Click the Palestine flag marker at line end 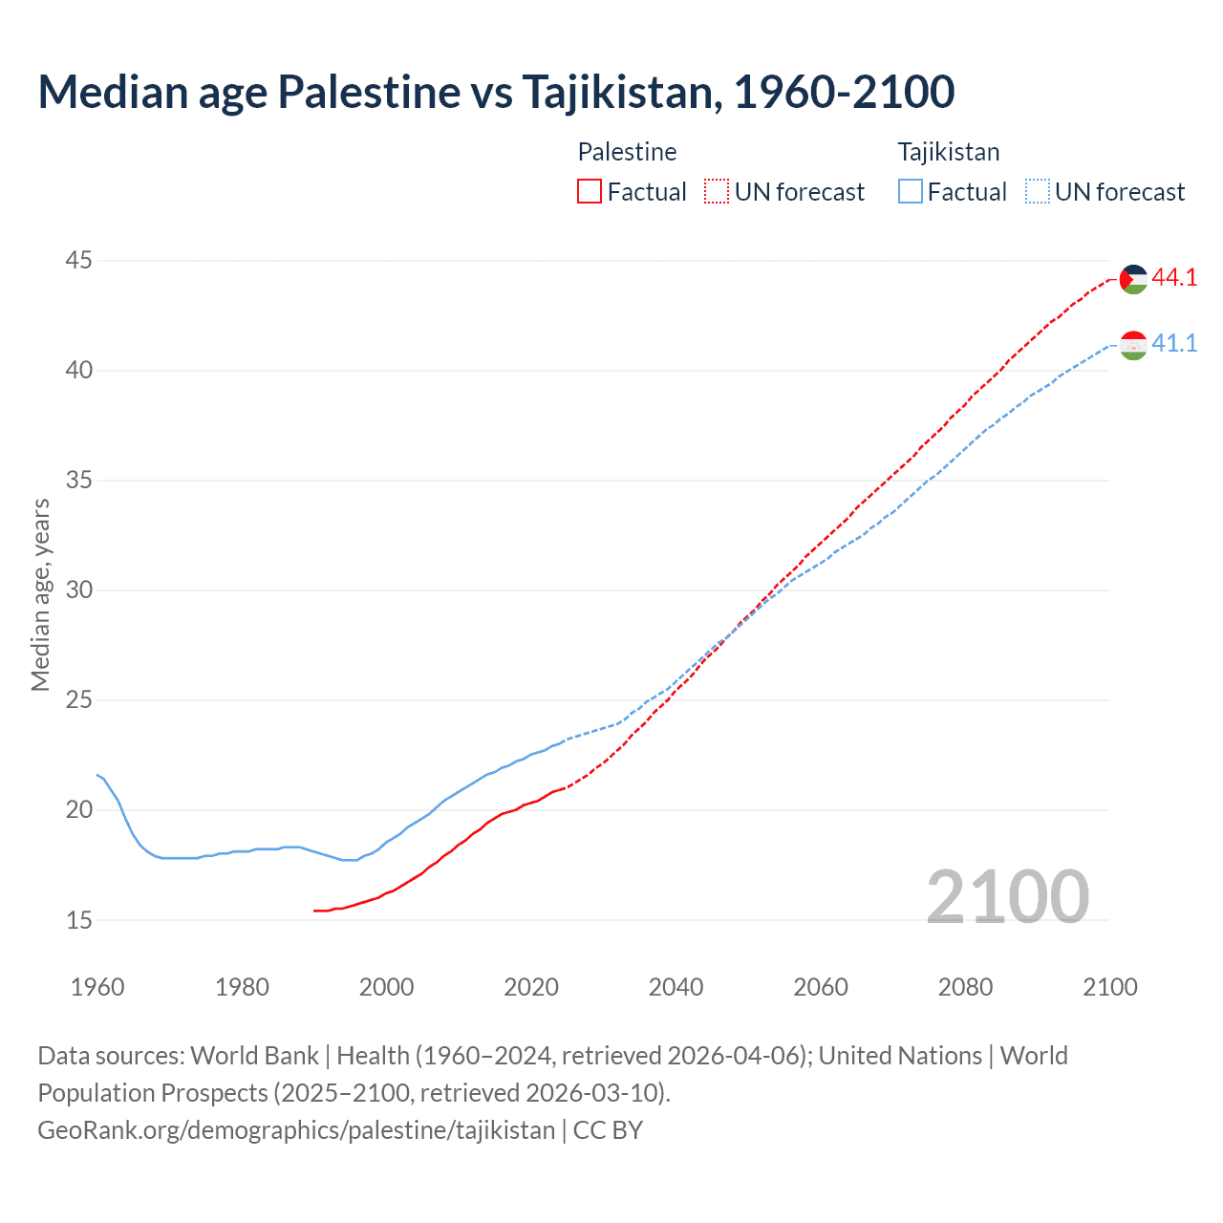pos(1133,279)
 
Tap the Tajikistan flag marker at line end pos(1133,345)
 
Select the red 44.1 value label pos(1174,278)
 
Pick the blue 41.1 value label pos(1174,343)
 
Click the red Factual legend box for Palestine pos(590,192)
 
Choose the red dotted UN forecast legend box pos(717,192)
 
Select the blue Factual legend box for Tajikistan pos(911,192)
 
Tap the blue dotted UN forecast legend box pos(1038,192)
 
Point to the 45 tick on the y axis pos(79,260)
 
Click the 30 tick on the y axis pos(79,590)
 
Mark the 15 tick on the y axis pos(79,920)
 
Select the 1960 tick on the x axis pos(97,987)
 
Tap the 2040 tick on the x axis pos(676,987)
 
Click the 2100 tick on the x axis pos(1109,987)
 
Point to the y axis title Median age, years pos(40,594)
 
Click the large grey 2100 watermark pos(1008,896)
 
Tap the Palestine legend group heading pos(627,152)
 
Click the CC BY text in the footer pos(608,1130)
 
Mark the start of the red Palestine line pos(314,911)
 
